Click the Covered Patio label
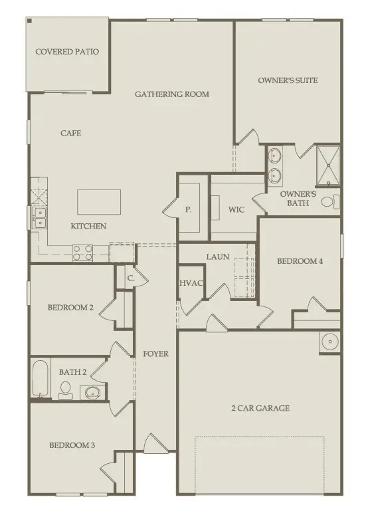[x=67, y=51]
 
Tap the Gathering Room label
[x=171, y=94]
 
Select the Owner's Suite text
[x=288, y=80]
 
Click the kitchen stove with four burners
[x=82, y=252]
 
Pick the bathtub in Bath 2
[x=41, y=378]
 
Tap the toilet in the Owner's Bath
[x=329, y=201]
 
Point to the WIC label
[x=237, y=209]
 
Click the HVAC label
[x=191, y=284]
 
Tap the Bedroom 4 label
[x=300, y=261]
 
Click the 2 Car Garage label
[x=260, y=408]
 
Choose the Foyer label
[x=156, y=354]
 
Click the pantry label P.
[x=189, y=209]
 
